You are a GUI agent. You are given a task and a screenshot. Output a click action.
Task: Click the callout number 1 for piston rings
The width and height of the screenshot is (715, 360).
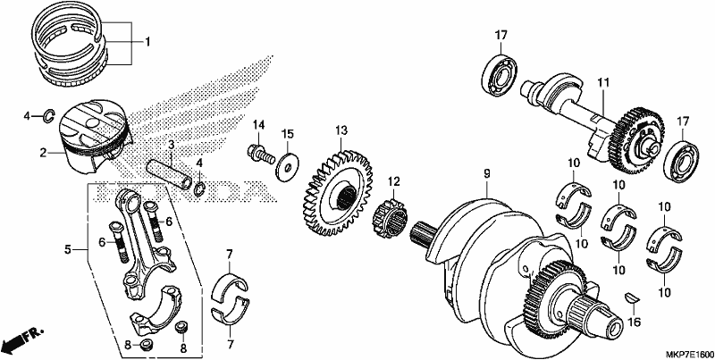[147, 42]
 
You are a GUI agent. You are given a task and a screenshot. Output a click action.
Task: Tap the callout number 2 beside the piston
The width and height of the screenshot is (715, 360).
[43, 153]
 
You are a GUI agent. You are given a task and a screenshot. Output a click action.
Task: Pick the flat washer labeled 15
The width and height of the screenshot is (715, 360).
[287, 165]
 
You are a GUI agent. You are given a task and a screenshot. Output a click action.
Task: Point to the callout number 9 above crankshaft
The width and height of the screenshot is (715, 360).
[486, 173]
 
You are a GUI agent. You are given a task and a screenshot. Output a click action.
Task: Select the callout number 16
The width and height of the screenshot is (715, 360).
[632, 322]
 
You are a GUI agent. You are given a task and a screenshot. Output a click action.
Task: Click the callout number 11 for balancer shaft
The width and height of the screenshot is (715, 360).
[603, 83]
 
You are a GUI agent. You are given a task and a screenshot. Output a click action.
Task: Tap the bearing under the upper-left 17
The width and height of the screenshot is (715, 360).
[500, 76]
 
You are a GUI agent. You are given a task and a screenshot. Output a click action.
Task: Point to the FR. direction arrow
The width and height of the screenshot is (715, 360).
[21, 338]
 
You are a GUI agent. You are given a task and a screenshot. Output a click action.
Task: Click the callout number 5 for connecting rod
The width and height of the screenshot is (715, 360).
[68, 249]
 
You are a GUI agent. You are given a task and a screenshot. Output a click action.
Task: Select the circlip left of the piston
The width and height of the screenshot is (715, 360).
[49, 117]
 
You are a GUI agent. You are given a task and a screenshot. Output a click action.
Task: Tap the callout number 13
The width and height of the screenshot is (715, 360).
[341, 130]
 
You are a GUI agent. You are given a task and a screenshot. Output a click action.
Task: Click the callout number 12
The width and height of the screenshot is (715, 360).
[394, 181]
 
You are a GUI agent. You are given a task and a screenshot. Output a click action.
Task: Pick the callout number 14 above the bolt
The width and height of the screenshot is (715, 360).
[259, 124]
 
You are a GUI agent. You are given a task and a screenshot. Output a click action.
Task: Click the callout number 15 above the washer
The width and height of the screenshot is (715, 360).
[288, 134]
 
